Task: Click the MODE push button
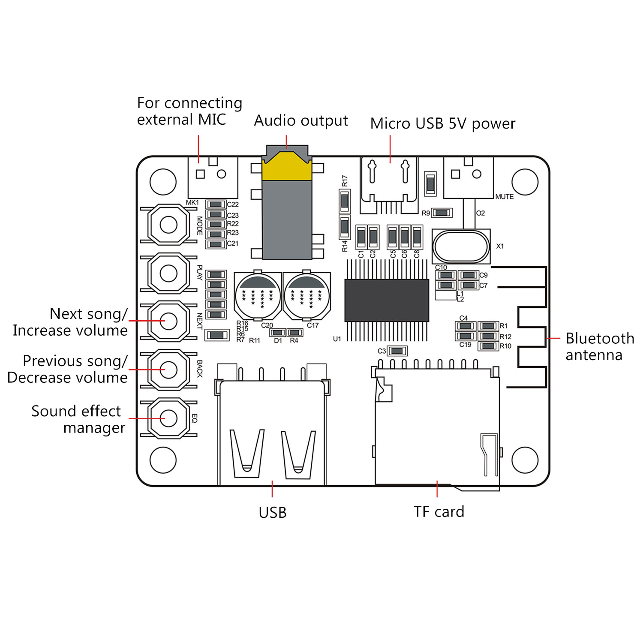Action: pyautogui.click(x=168, y=224)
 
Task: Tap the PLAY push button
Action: pyautogui.click(x=168, y=273)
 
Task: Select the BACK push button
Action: pyautogui.click(x=168, y=370)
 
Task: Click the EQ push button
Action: pyautogui.click(x=168, y=418)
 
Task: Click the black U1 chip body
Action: pyautogui.click(x=387, y=300)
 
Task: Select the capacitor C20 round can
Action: pyautogui.click(x=258, y=295)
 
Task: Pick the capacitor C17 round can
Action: pyautogui.click(x=306, y=295)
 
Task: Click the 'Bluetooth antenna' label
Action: pyautogui.click(x=599, y=346)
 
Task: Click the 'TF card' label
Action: pyautogui.click(x=439, y=511)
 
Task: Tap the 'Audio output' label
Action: pyautogui.click(x=300, y=120)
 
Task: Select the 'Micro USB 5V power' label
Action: pyautogui.click(x=442, y=123)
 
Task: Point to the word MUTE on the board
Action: pyautogui.click(x=504, y=197)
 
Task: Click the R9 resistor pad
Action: pyautogui.click(x=442, y=213)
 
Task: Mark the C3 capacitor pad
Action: pyautogui.click(x=397, y=351)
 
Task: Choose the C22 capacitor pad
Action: pyautogui.click(x=216, y=204)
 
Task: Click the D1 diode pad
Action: pyautogui.click(x=278, y=333)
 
